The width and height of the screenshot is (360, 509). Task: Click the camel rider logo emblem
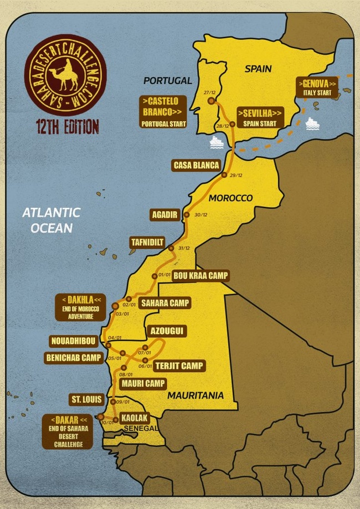point(65,74)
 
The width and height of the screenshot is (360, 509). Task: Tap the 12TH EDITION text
point(65,126)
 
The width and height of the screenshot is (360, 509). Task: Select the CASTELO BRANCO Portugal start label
point(163,111)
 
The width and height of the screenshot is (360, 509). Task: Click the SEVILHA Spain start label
point(260,117)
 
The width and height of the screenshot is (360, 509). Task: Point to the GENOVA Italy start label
point(317,88)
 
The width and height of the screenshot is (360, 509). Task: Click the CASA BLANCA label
point(196,165)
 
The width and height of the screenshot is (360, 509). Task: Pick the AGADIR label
point(164,215)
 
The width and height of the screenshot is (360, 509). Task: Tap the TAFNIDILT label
point(147,242)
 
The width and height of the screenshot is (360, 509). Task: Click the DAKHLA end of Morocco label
point(81,307)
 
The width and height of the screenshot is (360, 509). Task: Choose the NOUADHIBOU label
point(73,341)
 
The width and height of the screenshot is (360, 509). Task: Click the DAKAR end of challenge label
point(67,431)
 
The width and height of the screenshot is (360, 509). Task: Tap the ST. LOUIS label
point(86,399)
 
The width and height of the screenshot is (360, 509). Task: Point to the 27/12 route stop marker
point(211,101)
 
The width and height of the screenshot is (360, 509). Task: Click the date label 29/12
point(235,176)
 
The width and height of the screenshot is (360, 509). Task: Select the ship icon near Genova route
point(312,122)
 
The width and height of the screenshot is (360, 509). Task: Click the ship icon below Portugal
point(216,142)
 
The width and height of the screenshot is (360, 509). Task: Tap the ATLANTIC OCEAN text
point(52,220)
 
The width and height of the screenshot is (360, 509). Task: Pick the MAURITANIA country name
point(196,395)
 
